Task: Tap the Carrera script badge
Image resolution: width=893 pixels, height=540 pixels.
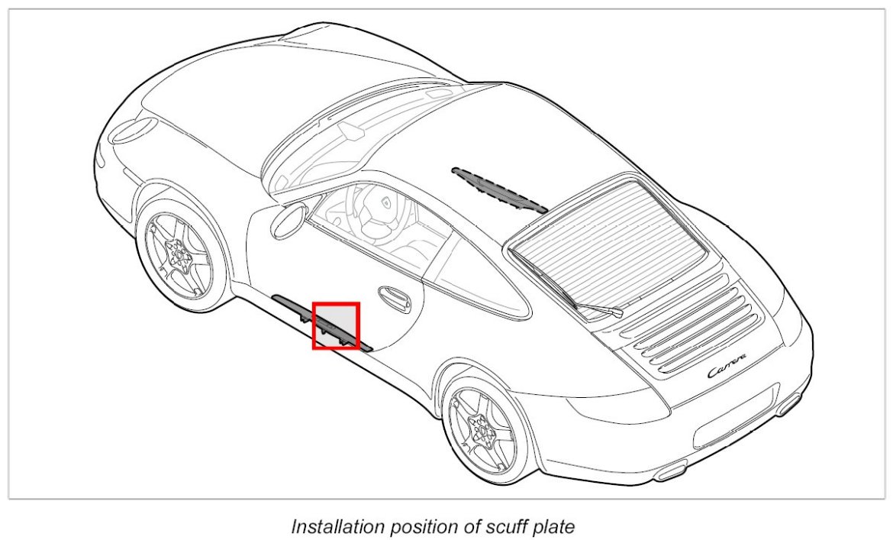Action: [727, 370]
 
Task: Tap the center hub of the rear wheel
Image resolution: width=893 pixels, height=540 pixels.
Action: [482, 432]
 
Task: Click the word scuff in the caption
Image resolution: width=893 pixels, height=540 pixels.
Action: [480, 526]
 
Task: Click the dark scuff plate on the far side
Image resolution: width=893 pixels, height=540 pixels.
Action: [500, 189]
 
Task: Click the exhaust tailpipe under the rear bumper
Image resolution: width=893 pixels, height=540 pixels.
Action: [788, 403]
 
